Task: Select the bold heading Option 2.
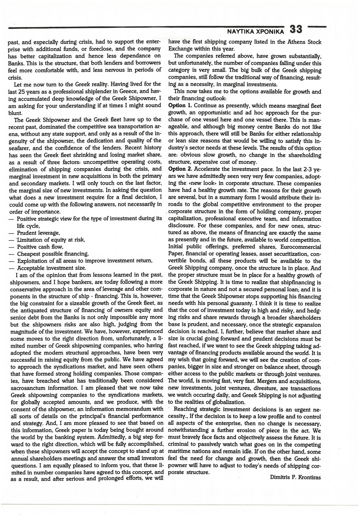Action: (180, 168)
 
